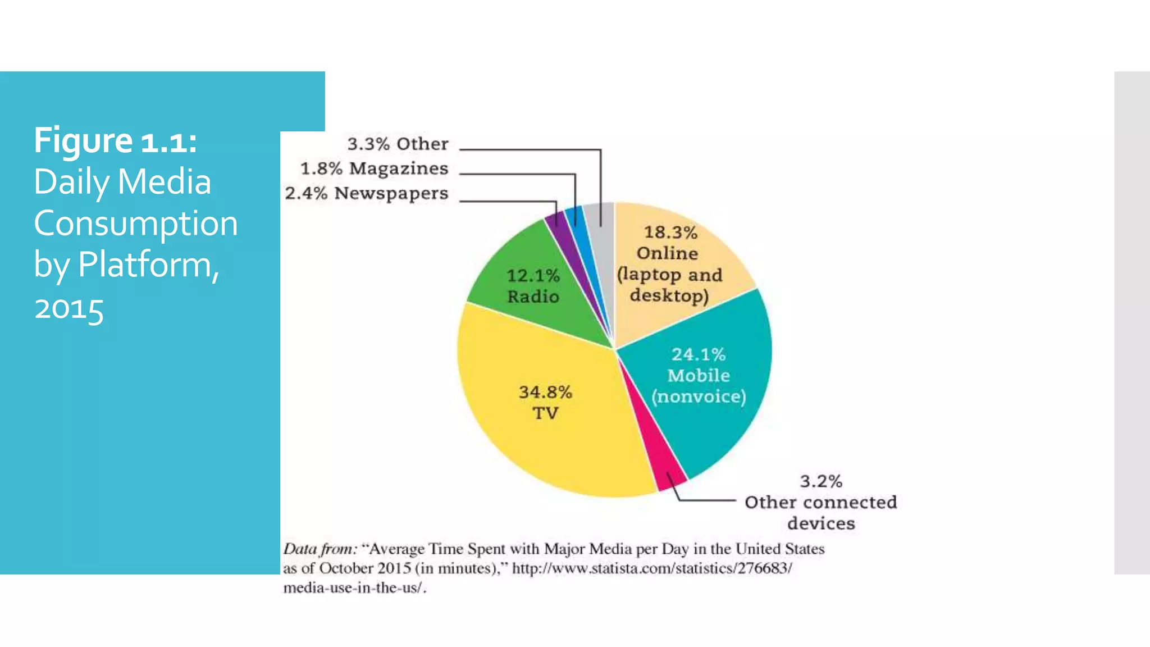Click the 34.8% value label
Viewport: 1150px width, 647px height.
point(545,392)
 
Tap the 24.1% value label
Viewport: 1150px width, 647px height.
point(699,354)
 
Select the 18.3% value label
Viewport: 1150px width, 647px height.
point(670,232)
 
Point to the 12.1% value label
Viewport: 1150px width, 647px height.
point(533,276)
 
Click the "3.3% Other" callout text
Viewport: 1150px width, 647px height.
point(398,144)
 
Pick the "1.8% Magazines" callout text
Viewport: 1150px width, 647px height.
point(374,168)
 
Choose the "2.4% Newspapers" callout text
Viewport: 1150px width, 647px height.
point(366,193)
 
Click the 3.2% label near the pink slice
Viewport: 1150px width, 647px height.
point(821,481)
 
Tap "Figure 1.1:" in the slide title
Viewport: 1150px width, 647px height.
point(115,140)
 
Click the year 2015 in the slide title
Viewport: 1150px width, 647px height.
point(69,309)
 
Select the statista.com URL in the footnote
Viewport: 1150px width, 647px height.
point(652,568)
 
